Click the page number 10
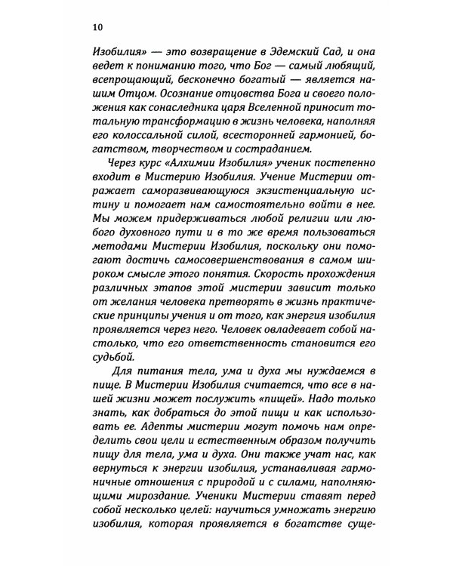[x=99, y=26]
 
